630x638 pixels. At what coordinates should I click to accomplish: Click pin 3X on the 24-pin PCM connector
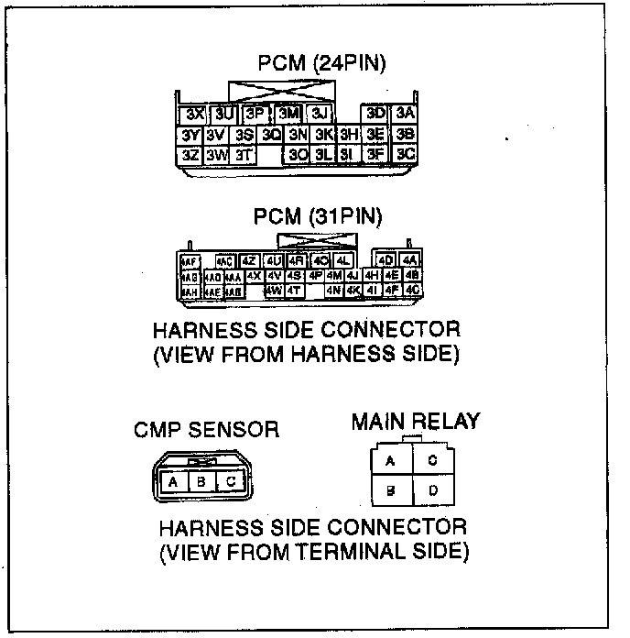tap(193, 115)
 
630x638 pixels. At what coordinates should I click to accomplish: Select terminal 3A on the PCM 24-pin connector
tap(406, 114)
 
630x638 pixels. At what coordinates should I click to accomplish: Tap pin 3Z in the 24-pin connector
tap(190, 155)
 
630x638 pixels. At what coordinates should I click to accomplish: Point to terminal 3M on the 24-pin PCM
tap(288, 114)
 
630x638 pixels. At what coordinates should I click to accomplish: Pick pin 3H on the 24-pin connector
tap(348, 135)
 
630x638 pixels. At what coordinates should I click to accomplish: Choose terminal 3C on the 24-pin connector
tap(406, 154)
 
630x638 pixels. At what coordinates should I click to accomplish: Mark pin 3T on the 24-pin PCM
tap(243, 155)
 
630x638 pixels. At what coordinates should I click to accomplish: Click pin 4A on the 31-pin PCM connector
tap(410, 260)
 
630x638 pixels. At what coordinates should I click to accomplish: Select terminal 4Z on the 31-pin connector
tap(248, 260)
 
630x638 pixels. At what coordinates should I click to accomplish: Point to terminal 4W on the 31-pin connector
tap(274, 291)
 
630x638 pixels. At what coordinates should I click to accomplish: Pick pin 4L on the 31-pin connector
tap(342, 260)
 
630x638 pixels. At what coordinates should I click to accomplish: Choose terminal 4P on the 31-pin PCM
tap(315, 275)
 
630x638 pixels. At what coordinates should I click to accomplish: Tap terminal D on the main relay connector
tap(433, 491)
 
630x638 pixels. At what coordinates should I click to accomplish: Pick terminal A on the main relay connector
tap(391, 461)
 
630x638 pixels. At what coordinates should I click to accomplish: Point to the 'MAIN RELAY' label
tap(416, 422)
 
